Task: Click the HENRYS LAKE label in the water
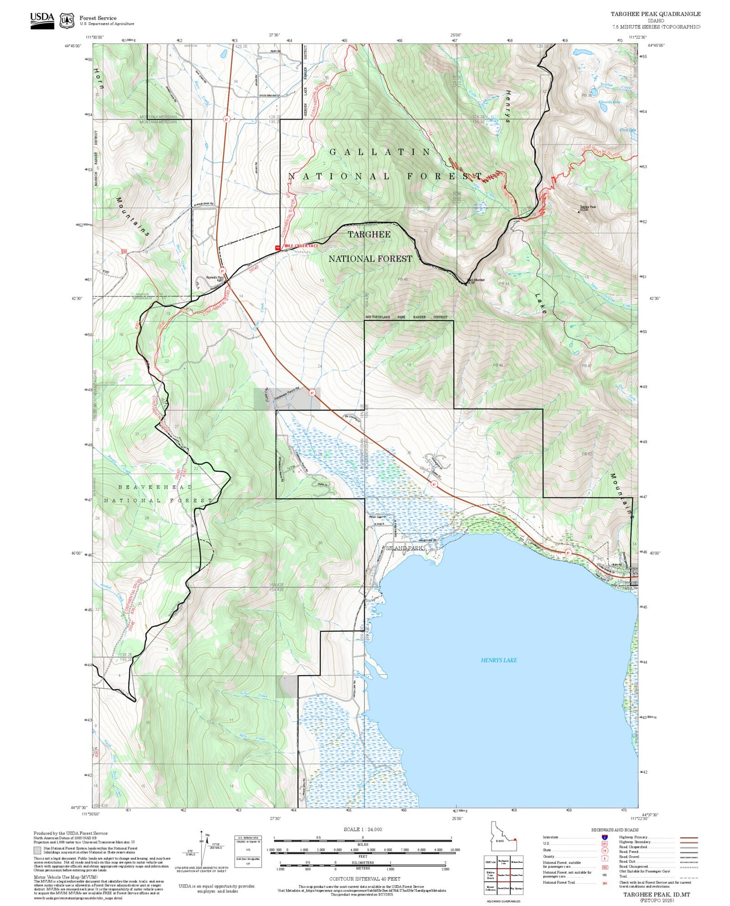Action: click(x=498, y=660)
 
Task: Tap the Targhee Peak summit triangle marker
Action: click(x=579, y=212)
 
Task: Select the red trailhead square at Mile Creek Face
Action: click(x=277, y=247)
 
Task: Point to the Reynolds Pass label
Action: click(x=215, y=277)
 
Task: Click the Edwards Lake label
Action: click(x=609, y=102)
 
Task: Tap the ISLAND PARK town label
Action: click(x=405, y=548)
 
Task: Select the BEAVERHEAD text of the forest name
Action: click(x=155, y=487)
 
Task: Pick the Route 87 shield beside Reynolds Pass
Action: click(x=222, y=271)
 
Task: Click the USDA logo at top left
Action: click(x=42, y=20)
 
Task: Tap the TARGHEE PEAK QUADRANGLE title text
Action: click(x=655, y=14)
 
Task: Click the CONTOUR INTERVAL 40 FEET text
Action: click(x=365, y=879)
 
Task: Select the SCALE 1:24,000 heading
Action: click(x=363, y=829)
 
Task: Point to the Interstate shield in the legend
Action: click(x=604, y=837)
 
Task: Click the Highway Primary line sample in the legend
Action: click(x=689, y=837)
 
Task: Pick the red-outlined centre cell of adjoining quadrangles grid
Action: click(x=503, y=875)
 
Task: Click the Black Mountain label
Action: click(x=475, y=280)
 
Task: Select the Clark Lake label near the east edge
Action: click(x=627, y=130)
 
